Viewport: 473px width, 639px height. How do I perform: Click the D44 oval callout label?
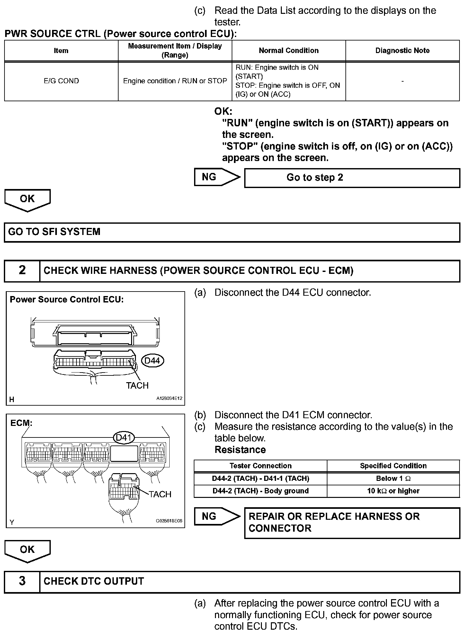pos(152,361)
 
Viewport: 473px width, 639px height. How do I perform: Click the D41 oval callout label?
pos(124,437)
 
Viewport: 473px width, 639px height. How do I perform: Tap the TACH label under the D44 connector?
pos(137,385)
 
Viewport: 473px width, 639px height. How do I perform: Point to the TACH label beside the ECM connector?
pos(160,494)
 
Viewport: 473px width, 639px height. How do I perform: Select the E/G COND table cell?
pos(61,81)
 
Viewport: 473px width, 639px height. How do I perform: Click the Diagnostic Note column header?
pos(402,50)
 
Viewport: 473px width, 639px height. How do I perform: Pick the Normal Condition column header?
pos(289,50)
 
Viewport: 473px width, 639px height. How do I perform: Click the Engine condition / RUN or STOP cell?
pos(175,81)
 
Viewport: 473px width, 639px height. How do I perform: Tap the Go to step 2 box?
pos(352,178)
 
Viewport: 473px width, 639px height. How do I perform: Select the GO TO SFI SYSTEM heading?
pos(54,232)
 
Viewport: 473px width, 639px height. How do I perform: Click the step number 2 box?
pos(22,270)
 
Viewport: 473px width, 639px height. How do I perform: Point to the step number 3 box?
pos(22,581)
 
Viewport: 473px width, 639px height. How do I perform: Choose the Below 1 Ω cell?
pos(393,479)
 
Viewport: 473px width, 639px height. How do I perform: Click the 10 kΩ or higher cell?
pos(393,491)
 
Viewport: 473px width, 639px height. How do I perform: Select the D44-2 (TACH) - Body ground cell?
pos(261,491)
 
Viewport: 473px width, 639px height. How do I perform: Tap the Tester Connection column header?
pos(261,466)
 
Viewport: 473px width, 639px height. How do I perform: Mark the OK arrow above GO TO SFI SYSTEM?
pos(27,200)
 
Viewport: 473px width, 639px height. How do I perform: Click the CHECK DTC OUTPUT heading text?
pos(94,581)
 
